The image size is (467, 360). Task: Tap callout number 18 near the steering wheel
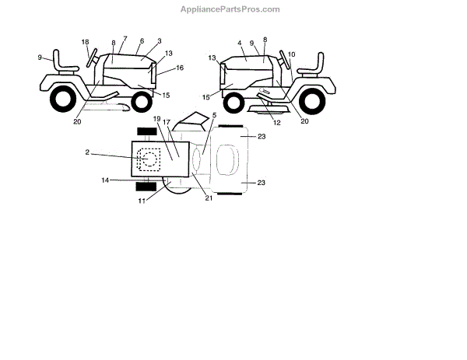[86, 41]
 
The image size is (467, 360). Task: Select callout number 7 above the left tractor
[125, 38]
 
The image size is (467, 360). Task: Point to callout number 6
[142, 41]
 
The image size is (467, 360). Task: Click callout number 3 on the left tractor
[159, 41]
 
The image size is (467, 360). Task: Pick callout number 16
[180, 68]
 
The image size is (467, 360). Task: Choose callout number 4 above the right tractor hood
[240, 42]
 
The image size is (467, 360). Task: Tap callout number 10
[292, 54]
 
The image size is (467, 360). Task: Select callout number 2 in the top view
[88, 153]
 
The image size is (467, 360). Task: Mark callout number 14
[105, 180]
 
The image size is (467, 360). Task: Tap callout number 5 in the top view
[214, 115]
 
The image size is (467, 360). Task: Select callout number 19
[157, 119]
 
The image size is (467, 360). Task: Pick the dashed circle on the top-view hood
[148, 158]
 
